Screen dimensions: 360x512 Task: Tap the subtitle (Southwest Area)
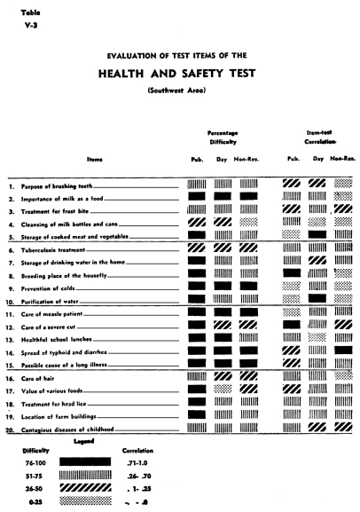click(179, 91)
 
